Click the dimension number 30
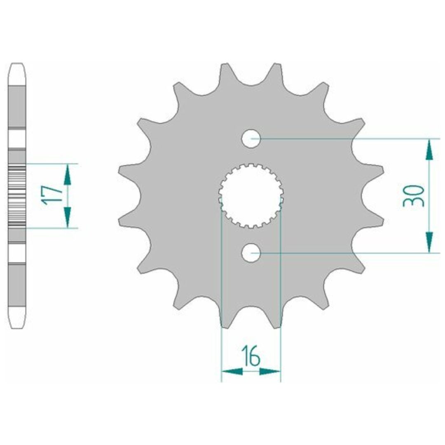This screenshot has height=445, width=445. pyautogui.click(x=414, y=196)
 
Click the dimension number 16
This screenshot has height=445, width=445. pyautogui.click(x=251, y=356)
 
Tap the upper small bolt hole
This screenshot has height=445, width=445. pyautogui.click(x=251, y=138)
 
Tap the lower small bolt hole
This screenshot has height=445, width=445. pyautogui.click(x=251, y=253)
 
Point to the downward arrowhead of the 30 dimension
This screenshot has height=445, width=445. pyautogui.click(x=429, y=242)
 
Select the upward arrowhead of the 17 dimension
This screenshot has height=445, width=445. pyautogui.click(x=67, y=174)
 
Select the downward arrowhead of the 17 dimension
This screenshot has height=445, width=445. pyautogui.click(x=67, y=218)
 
